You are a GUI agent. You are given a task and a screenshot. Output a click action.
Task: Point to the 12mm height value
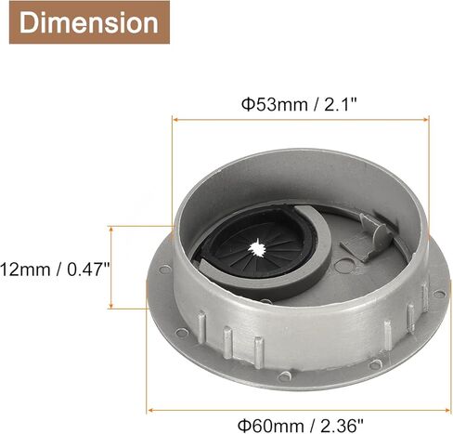[x=27, y=269]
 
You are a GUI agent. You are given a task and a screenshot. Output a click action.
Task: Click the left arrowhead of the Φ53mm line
[x=174, y=118]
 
